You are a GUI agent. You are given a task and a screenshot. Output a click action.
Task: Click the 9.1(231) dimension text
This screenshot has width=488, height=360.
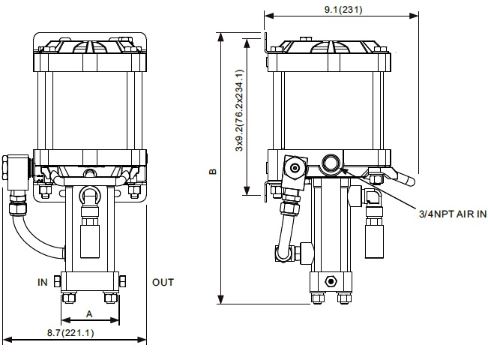(x=343, y=9)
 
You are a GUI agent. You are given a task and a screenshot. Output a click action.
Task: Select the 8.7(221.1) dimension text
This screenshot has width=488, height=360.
(x=70, y=333)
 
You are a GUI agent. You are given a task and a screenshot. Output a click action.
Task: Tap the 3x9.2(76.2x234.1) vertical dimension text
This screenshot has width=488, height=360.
(x=239, y=110)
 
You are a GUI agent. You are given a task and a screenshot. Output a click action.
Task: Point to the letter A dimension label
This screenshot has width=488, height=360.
(x=89, y=314)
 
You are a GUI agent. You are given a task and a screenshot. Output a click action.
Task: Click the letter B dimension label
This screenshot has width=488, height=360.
(x=213, y=171)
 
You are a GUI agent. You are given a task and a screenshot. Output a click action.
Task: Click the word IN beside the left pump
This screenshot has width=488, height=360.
(x=43, y=283)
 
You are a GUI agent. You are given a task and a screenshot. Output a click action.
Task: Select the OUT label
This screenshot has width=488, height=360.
(x=163, y=283)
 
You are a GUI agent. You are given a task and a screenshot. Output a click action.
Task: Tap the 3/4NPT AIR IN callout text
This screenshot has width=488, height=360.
(x=453, y=214)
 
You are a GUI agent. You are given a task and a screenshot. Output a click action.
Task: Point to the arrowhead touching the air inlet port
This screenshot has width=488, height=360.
(x=344, y=170)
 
